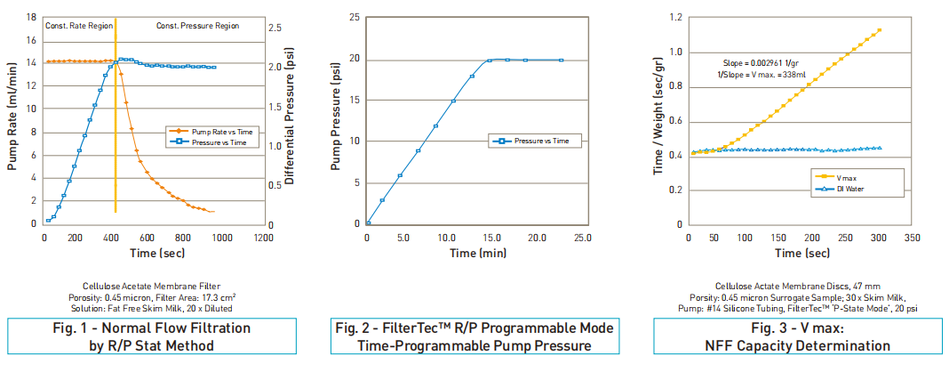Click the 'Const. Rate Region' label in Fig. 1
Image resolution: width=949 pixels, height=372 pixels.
point(78,26)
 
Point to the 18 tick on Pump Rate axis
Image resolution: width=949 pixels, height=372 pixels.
point(32,17)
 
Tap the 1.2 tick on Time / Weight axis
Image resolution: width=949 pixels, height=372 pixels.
point(676,17)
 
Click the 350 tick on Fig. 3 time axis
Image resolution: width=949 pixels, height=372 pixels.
point(912,238)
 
